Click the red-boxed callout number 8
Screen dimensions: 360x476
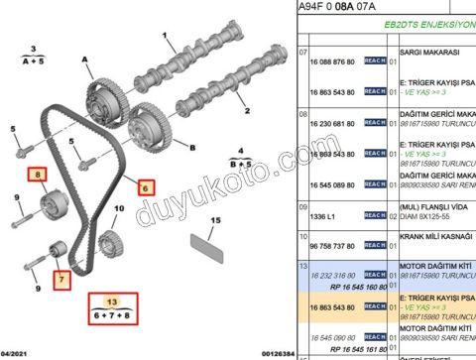pos(40,177)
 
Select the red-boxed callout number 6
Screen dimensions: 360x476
pos(145,185)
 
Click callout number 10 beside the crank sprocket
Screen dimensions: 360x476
pos(119,209)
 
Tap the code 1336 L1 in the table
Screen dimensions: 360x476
pos(325,214)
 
